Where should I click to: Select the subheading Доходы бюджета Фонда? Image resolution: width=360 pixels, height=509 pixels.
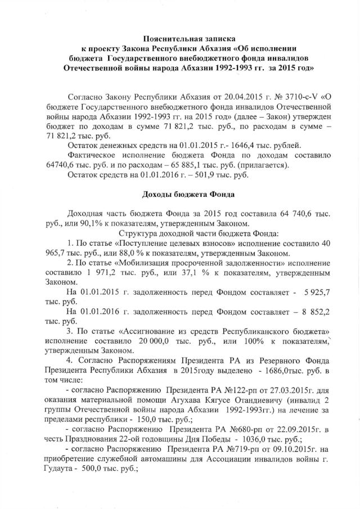pyautogui.click(x=180, y=195)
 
